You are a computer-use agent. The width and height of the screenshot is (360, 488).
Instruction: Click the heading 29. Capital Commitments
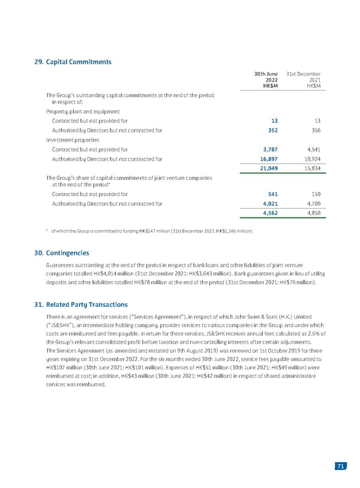pyautogui.click(x=73, y=61)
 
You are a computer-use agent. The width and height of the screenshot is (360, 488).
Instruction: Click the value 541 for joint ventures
pyautogui.click(x=271, y=194)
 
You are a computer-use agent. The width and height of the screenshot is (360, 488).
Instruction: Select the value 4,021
pyautogui.click(x=268, y=204)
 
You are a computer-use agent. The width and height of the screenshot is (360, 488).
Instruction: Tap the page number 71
pyautogui.click(x=340, y=468)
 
